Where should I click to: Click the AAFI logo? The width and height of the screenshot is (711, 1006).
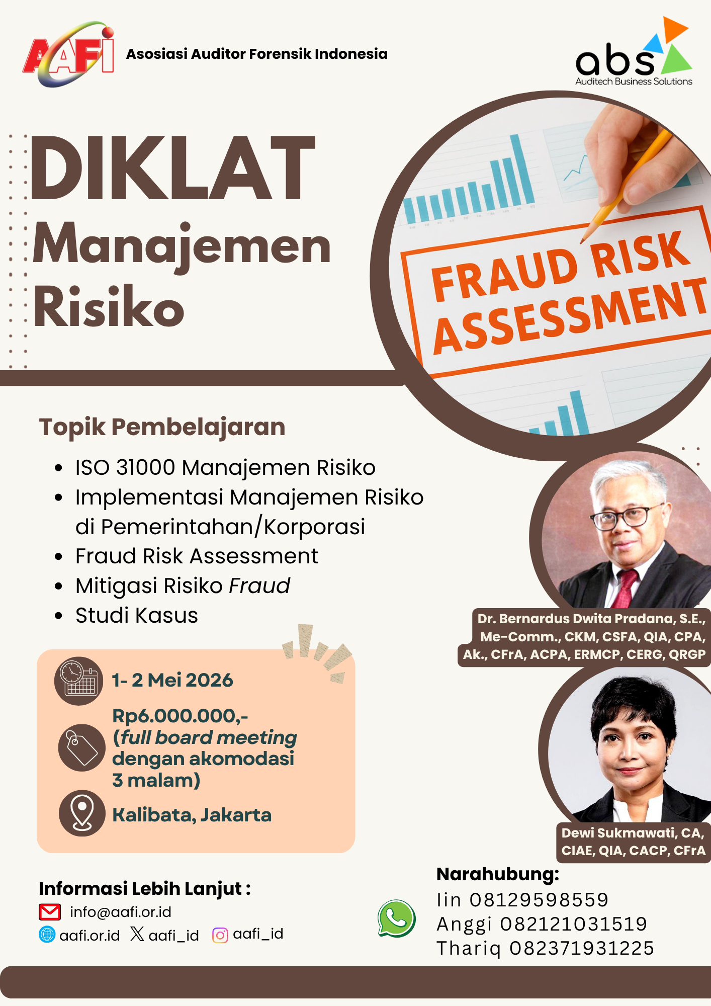pyautogui.click(x=68, y=54)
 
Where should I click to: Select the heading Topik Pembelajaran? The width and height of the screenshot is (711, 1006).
pyautogui.click(x=162, y=427)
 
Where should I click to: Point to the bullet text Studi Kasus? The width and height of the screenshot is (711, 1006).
pyautogui.click(x=137, y=615)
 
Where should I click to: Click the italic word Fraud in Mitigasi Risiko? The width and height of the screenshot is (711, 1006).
pyautogui.click(x=259, y=585)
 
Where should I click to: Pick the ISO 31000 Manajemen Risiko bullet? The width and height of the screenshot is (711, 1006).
pyautogui.click(x=225, y=467)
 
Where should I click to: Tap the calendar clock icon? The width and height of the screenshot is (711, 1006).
pyautogui.click(x=78, y=681)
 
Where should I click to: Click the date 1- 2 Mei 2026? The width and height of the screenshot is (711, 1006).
pyautogui.click(x=172, y=680)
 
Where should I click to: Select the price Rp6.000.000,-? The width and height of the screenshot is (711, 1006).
pyautogui.click(x=180, y=716)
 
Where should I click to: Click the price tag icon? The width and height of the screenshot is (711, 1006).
pyautogui.click(x=81, y=747)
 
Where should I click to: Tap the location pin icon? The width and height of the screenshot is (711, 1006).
pyautogui.click(x=82, y=813)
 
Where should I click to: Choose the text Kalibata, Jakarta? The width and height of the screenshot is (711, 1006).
pyautogui.click(x=192, y=815)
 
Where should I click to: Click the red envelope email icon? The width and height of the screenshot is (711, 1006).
pyautogui.click(x=50, y=911)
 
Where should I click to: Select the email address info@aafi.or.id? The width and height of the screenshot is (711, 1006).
pyautogui.click(x=121, y=912)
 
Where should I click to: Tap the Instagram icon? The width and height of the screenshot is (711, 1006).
pyautogui.click(x=220, y=935)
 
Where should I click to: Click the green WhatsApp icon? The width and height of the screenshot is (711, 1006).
pyautogui.click(x=397, y=918)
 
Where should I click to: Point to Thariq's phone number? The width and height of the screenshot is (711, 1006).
pyautogui.click(x=582, y=948)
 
